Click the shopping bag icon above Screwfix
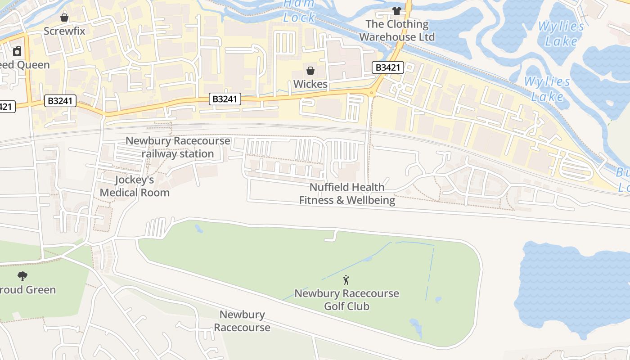64,18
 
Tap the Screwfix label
64,31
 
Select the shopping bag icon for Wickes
310,71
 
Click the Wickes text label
310,84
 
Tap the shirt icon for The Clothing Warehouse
396,10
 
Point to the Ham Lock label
299,11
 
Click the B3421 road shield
388,67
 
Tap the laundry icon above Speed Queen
17,51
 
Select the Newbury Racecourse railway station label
178,147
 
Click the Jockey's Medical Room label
135,186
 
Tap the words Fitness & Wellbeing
347,200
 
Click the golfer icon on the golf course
346,280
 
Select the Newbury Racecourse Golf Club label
346,300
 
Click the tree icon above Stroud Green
22,276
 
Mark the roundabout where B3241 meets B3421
372,93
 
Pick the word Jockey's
135,180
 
